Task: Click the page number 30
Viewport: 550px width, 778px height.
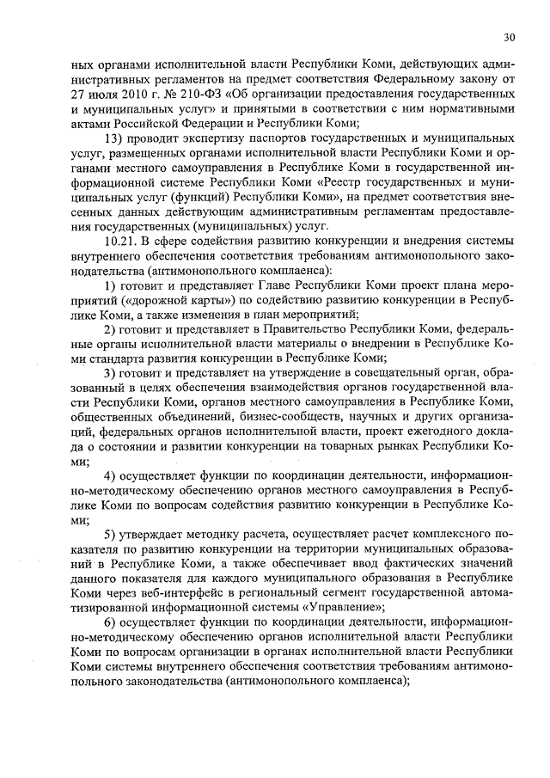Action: click(x=510, y=37)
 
